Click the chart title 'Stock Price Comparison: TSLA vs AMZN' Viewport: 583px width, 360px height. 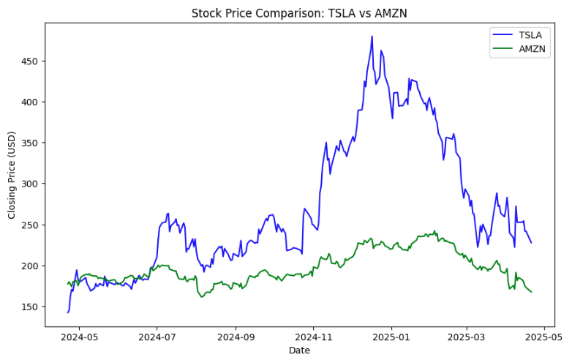click(x=299, y=12)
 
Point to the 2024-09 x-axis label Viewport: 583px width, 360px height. click(x=236, y=337)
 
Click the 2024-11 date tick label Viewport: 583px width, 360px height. click(x=314, y=337)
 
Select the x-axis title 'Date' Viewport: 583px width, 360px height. click(x=299, y=350)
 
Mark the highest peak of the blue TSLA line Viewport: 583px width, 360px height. click(x=372, y=37)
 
